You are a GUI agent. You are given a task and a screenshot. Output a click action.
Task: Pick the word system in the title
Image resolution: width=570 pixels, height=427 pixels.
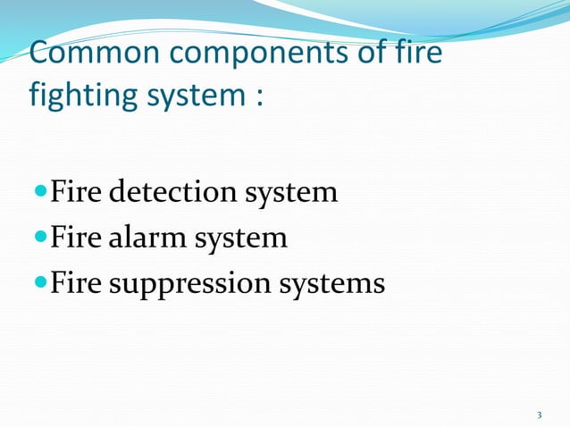click(186, 96)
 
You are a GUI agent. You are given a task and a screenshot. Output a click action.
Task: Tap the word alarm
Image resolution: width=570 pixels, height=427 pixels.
click(151, 239)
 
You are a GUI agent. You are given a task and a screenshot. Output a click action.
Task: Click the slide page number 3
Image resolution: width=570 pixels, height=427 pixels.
click(539, 414)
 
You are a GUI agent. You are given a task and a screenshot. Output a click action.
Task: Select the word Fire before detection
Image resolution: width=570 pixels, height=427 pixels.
click(74, 192)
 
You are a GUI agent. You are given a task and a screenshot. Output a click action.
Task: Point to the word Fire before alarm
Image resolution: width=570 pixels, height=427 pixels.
click(74, 239)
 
